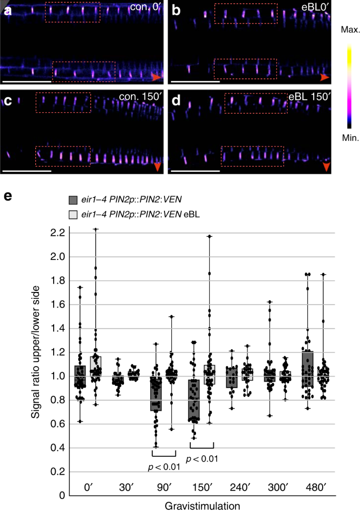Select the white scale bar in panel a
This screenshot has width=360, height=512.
(27, 81)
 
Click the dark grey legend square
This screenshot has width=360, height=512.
(73, 200)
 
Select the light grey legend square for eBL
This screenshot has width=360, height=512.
(73, 214)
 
